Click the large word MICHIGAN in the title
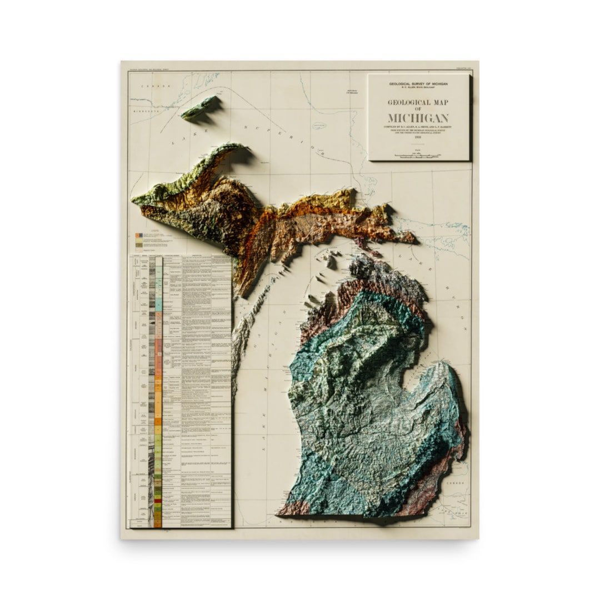[418, 118]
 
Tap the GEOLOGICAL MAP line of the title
[418, 102]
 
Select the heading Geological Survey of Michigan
[418, 83]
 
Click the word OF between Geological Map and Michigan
[418, 109]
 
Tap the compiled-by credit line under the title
[418, 127]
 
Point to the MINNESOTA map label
[146, 111]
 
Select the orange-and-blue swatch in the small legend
[138, 236]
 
